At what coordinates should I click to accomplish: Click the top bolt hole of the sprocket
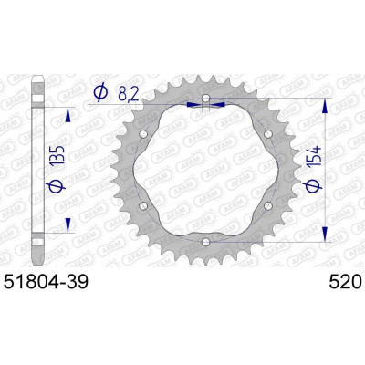(x=206, y=99)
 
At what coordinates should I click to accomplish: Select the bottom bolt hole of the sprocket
(x=206, y=241)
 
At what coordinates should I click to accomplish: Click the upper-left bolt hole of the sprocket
(x=145, y=134)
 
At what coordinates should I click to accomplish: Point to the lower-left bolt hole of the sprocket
(x=145, y=205)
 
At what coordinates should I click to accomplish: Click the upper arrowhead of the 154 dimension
(x=326, y=102)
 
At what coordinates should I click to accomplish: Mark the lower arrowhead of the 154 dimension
(x=326, y=236)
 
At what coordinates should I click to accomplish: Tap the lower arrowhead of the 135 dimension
(x=69, y=227)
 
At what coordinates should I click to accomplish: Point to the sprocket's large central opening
(x=206, y=170)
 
